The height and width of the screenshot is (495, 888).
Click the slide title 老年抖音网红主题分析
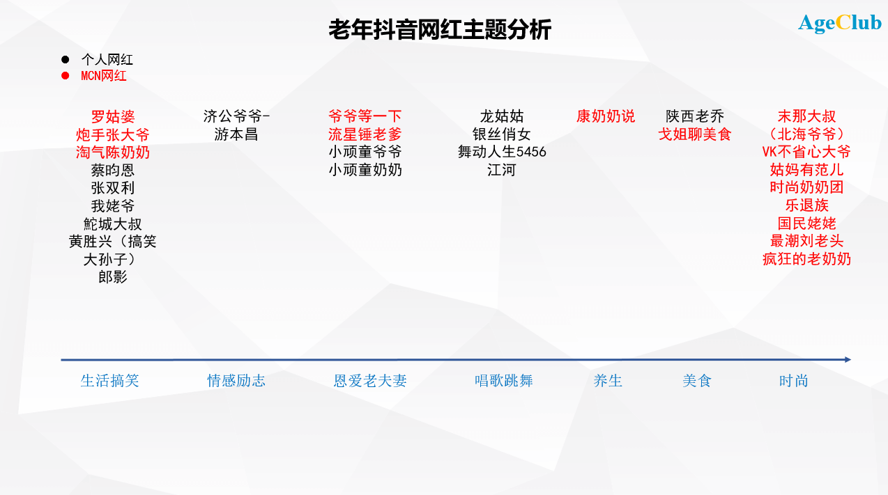(440, 29)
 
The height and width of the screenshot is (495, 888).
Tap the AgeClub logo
(840, 23)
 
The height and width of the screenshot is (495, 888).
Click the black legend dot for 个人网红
(66, 59)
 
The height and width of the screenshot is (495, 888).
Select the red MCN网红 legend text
(103, 76)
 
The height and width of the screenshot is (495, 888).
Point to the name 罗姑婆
(113, 116)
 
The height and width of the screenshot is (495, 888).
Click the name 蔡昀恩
(113, 171)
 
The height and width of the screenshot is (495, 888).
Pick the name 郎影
(113, 277)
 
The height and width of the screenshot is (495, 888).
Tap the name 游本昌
(236, 134)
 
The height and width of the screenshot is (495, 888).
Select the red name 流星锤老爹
(365, 134)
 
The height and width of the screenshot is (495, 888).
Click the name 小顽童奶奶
(365, 170)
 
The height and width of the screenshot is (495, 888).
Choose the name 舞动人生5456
(502, 152)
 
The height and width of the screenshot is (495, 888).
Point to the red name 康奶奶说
(605, 116)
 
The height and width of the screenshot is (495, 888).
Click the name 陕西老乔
(695, 116)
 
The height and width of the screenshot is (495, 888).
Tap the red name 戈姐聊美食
(695, 134)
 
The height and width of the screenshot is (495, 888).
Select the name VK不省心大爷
(806, 152)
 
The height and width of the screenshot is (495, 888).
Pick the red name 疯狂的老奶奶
(806, 259)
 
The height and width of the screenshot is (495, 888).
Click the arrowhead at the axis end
(848, 359)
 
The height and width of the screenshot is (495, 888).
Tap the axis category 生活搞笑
(110, 381)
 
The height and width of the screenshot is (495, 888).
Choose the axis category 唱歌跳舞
(504, 381)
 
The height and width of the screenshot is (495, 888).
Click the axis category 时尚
(794, 381)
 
